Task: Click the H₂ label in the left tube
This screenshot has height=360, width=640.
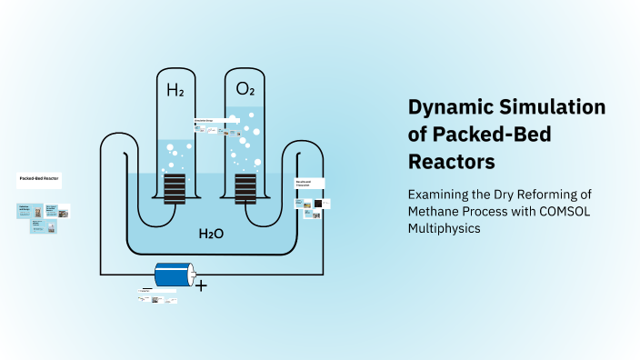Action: [x=175, y=90]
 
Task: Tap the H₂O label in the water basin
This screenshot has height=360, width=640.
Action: [x=212, y=235]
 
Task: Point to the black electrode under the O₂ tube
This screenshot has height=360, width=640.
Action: [x=245, y=189]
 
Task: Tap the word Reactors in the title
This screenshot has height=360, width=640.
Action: [x=452, y=161]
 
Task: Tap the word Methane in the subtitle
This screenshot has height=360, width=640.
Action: [x=435, y=212]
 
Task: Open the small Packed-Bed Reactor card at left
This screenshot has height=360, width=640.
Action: [x=40, y=181]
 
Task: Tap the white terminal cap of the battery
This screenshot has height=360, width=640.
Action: [x=191, y=275]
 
